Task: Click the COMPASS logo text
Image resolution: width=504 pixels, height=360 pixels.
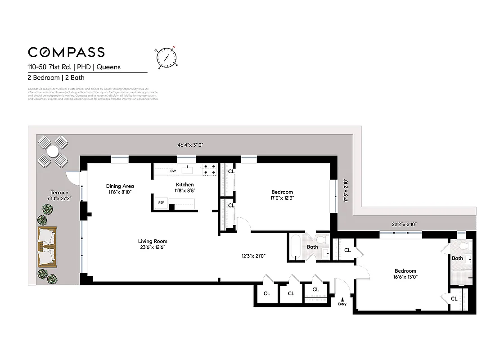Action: [x=66, y=52]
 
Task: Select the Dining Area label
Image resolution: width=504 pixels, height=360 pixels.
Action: [x=120, y=186]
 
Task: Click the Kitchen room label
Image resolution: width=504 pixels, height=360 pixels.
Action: [x=184, y=184]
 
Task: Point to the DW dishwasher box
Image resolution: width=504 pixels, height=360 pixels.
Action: [x=173, y=171]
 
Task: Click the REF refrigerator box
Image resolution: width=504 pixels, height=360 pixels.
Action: [x=161, y=202]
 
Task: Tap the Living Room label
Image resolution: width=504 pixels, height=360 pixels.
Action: [x=153, y=241]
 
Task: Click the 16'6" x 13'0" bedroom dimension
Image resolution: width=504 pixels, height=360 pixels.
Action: [x=405, y=277]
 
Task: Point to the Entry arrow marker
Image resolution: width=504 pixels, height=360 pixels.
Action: [x=342, y=299]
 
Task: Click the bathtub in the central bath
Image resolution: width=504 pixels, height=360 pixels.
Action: [x=295, y=248]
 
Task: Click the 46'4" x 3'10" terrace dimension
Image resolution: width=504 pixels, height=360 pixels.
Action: [x=190, y=145]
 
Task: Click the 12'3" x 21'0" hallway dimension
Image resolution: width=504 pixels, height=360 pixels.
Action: [x=253, y=256]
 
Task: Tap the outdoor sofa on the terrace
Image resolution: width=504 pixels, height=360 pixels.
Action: [x=46, y=247]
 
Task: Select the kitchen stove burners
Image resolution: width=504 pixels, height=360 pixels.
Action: [x=209, y=169]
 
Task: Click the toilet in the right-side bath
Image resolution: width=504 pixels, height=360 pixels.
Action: [x=468, y=246]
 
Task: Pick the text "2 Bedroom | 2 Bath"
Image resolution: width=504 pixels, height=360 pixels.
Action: [x=56, y=77]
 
